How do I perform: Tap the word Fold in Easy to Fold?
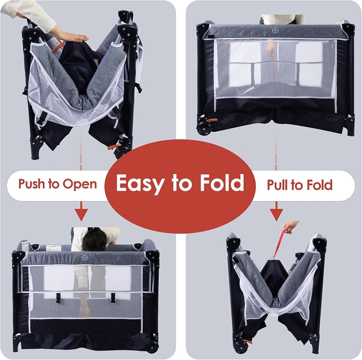click(222, 182)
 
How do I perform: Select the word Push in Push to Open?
click(31, 184)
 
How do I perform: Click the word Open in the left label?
click(80, 184)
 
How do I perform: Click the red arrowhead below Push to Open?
click(81, 214)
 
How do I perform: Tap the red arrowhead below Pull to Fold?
click(276, 214)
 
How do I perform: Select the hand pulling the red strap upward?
click(291, 227)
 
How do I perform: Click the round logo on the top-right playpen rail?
click(275, 30)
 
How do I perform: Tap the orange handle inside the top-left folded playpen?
click(58, 47)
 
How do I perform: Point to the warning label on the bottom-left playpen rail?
click(53, 248)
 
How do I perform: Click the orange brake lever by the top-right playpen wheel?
click(211, 120)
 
